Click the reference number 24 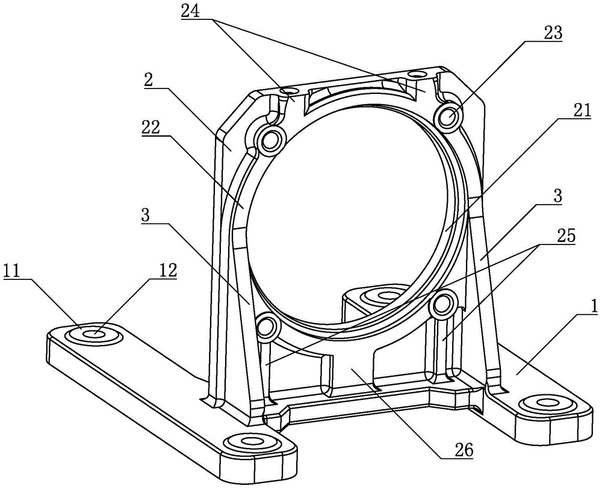(x=191, y=11)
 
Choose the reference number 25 (x=562, y=237)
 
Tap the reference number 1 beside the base (x=593, y=307)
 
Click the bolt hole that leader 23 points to (x=448, y=116)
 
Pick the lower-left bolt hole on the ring (x=265, y=327)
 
